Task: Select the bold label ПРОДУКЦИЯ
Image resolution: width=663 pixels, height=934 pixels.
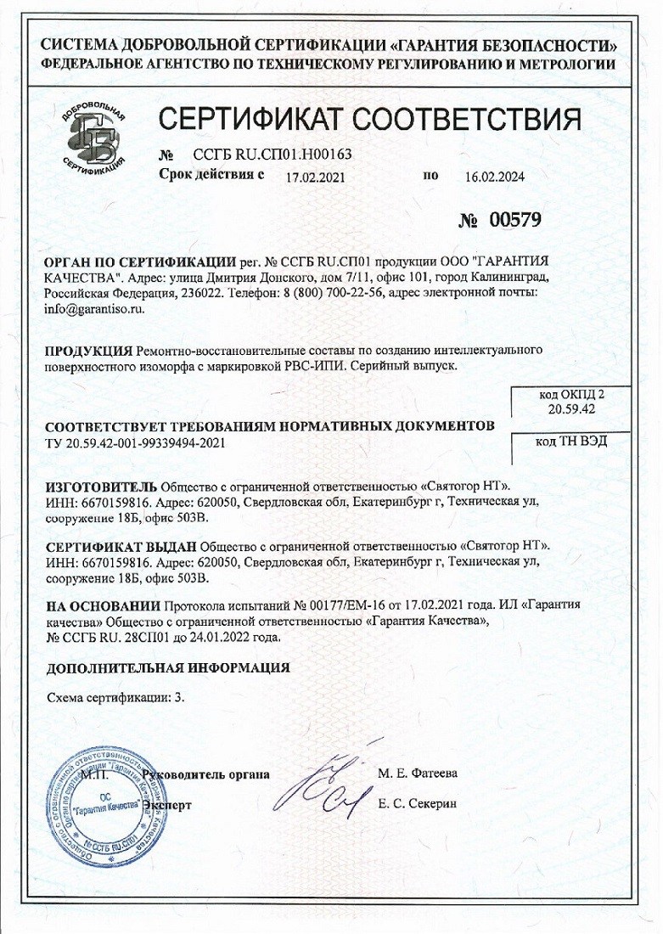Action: (x=87, y=351)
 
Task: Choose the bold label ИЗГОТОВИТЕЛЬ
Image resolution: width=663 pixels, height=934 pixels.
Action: (x=101, y=486)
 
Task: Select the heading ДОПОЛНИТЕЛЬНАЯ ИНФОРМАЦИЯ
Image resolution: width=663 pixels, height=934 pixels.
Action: (x=167, y=667)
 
